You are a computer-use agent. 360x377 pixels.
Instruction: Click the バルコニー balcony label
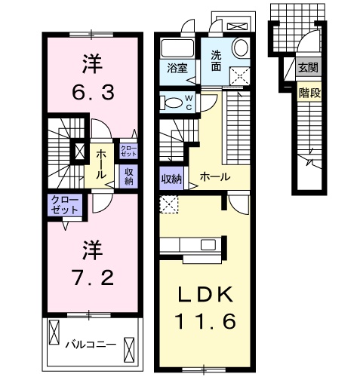click(x=89, y=344)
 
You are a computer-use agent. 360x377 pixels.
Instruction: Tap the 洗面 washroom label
click(x=217, y=59)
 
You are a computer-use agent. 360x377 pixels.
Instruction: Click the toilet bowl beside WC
click(x=174, y=102)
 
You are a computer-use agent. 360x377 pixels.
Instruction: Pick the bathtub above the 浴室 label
click(x=177, y=47)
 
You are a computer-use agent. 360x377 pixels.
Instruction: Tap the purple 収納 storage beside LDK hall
click(x=171, y=179)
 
